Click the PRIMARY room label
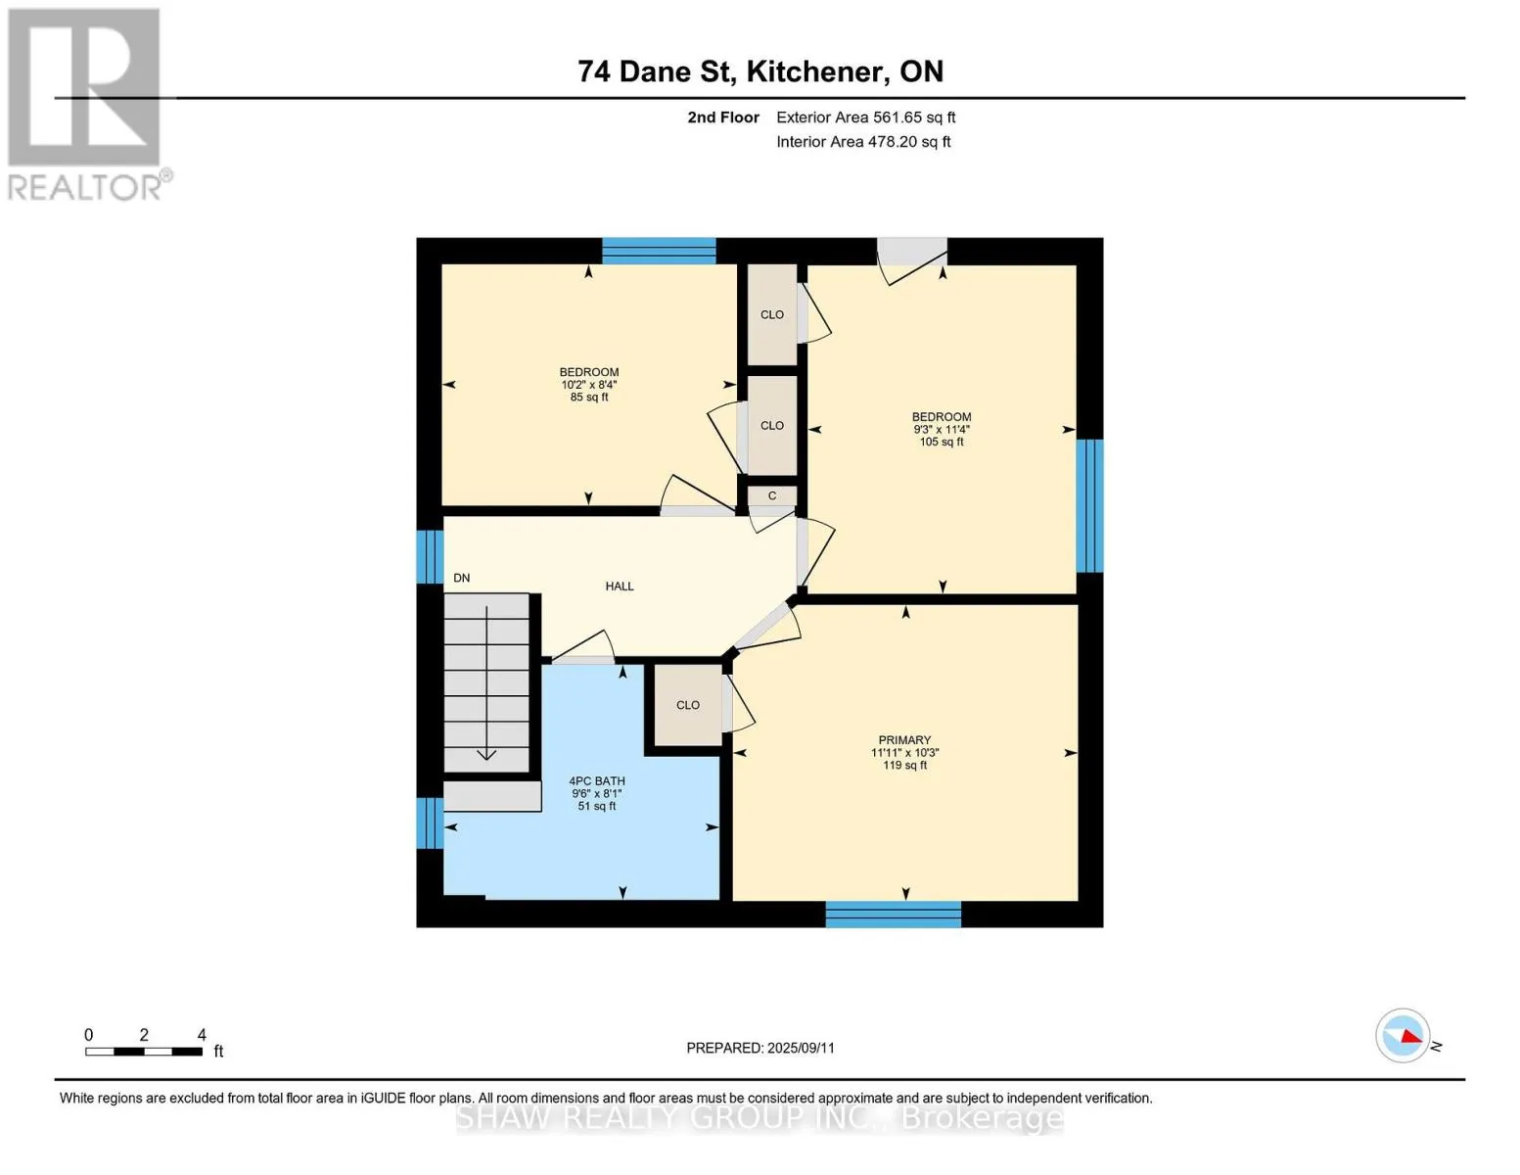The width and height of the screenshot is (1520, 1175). [x=904, y=740]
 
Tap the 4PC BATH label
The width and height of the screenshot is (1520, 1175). [x=597, y=781]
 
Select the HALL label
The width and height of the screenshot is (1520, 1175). [x=619, y=587]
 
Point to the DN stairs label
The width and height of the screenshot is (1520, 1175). [x=462, y=578]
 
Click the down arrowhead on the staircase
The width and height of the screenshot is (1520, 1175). [x=486, y=754]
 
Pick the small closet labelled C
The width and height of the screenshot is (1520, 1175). [x=772, y=495]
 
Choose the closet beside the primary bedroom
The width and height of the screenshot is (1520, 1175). [x=688, y=705]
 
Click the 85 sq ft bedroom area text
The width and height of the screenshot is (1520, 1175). [x=589, y=398]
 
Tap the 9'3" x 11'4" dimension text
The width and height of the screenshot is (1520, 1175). [x=942, y=430]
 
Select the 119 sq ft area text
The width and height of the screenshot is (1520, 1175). [x=904, y=766]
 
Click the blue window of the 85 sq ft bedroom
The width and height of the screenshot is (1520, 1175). [x=659, y=252]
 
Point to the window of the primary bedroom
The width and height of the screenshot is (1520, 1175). [x=894, y=914]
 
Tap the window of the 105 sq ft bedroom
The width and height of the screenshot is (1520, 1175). [x=1089, y=505]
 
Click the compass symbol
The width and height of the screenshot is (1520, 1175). [x=1402, y=1036]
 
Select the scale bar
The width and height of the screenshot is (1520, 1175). [x=144, y=1052]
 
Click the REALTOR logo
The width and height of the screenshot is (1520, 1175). [x=87, y=105]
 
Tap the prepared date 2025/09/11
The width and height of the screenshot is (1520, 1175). [x=801, y=1049]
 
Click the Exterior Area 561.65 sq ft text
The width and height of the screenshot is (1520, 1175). [x=866, y=117]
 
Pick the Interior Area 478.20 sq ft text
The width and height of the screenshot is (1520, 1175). [x=864, y=142]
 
